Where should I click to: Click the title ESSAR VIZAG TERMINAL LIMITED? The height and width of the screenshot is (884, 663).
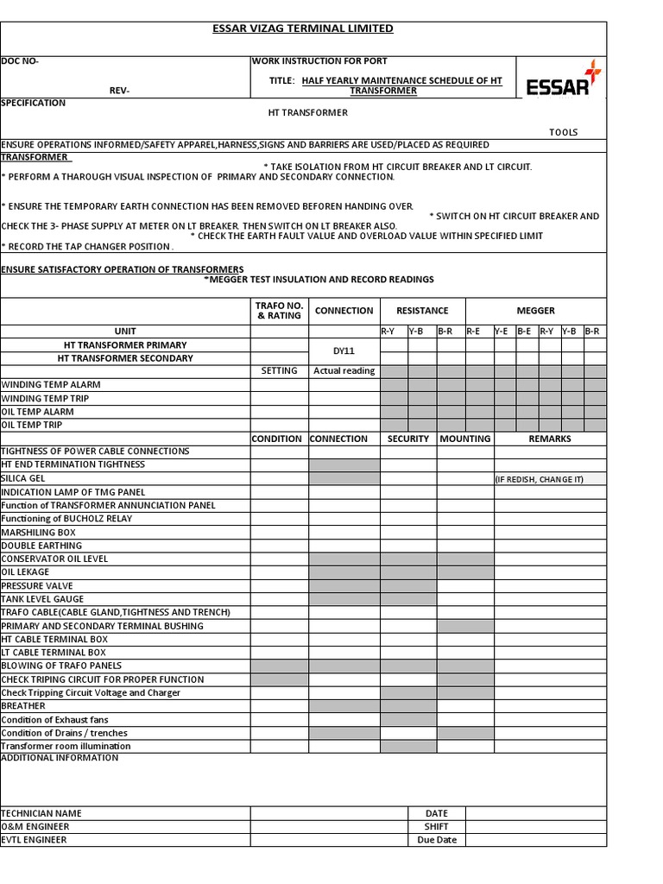click(303, 28)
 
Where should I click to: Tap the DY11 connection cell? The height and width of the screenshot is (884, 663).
click(344, 351)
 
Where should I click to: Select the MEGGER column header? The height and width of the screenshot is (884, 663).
click(535, 311)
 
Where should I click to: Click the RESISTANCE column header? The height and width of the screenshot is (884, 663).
click(422, 311)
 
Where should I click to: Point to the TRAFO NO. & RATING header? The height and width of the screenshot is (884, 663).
click(279, 311)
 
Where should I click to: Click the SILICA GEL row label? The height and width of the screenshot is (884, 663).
click(23, 478)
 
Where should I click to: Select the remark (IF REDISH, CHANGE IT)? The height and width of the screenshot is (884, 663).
click(539, 479)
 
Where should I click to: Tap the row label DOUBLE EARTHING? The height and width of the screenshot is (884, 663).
click(41, 546)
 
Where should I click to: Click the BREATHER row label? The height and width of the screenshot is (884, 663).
click(23, 706)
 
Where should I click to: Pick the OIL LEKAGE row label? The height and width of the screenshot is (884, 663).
click(26, 572)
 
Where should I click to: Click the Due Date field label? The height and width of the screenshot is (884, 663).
click(437, 840)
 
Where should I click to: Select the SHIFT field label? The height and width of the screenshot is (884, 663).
click(437, 827)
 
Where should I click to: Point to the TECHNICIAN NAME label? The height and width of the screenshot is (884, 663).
click(41, 813)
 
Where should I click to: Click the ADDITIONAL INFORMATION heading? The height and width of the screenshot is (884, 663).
click(60, 758)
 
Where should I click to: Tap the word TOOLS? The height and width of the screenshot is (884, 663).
click(564, 133)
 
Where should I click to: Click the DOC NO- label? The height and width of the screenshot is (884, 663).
click(20, 61)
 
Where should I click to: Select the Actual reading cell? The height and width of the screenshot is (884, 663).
click(344, 371)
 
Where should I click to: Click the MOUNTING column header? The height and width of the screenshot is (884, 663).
click(464, 439)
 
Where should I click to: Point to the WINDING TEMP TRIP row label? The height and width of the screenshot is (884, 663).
click(45, 399)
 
